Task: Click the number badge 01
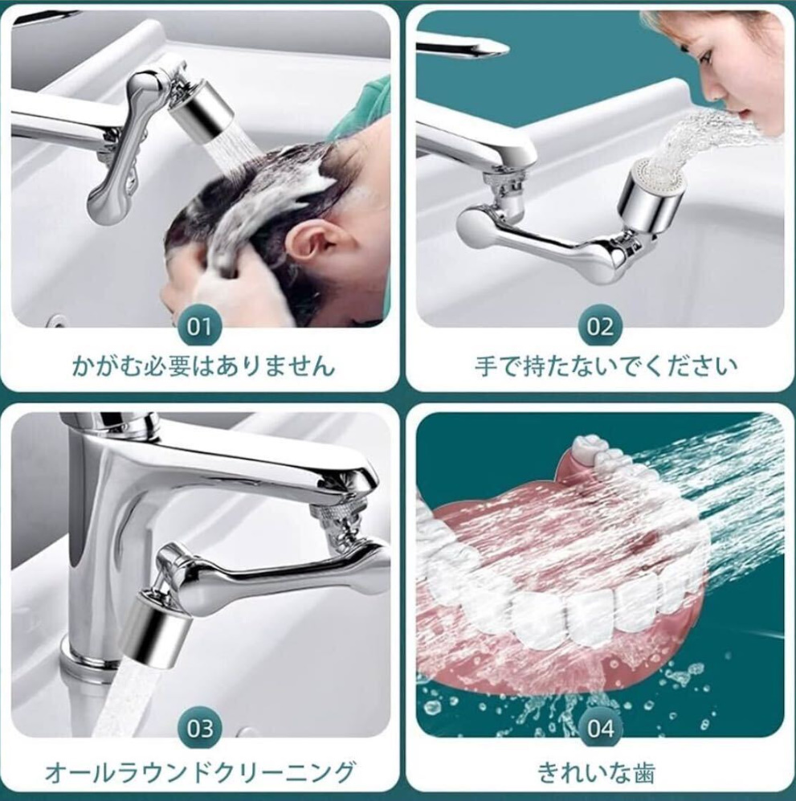[x=198, y=326]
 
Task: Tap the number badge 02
[x=599, y=326]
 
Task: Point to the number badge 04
[x=600, y=729]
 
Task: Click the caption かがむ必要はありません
[x=203, y=366]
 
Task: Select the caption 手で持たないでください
[x=606, y=366]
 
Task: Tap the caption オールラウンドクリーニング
[x=200, y=771]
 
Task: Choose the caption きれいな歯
[x=597, y=772]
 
